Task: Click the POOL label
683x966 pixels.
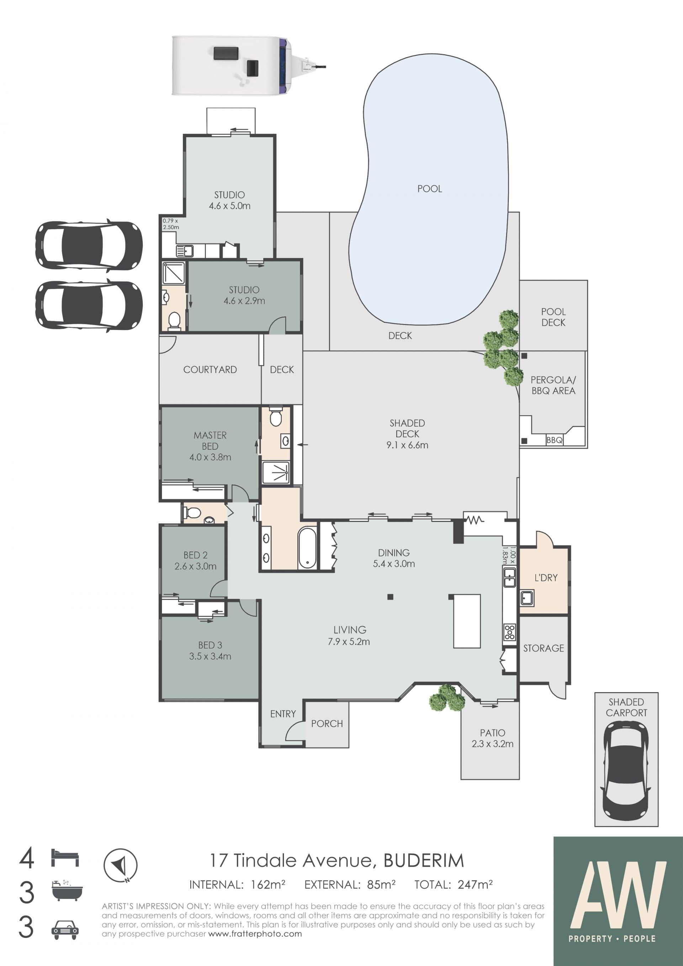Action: (429, 189)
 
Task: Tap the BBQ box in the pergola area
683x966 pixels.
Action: (554, 440)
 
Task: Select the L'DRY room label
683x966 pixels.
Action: (546, 578)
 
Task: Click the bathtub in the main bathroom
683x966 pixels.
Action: (307, 547)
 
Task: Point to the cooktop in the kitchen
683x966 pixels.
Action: (509, 632)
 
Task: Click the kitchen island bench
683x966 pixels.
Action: (467, 621)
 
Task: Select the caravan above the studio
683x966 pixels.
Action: (249, 66)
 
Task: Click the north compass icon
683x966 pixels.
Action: (120, 865)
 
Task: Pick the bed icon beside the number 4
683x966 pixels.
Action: (65, 858)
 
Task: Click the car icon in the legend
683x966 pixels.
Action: (65, 930)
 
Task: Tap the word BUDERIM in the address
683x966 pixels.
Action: (424, 860)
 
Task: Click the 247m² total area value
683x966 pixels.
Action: (475, 885)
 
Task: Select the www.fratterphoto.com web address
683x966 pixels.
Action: (255, 934)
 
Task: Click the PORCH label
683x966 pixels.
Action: (327, 723)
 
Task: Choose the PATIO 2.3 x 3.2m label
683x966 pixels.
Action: (492, 738)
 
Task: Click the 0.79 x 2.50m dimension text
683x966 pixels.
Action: (171, 224)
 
